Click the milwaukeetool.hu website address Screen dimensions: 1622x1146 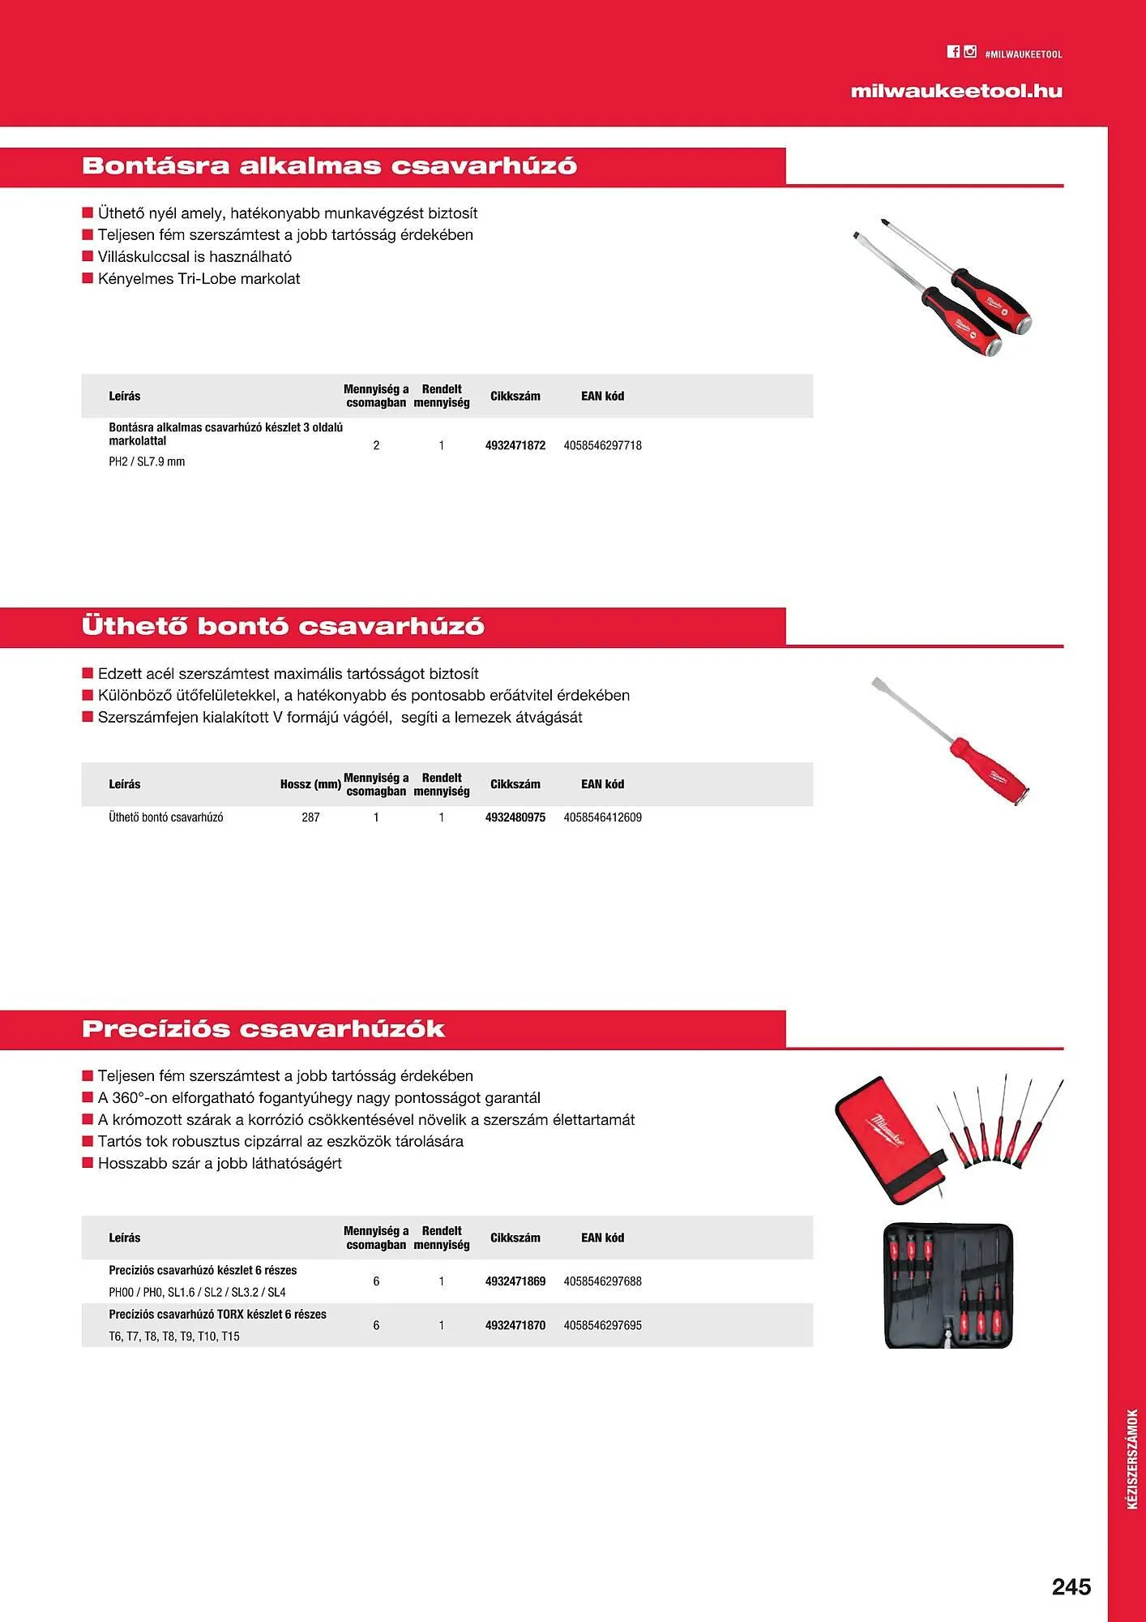pos(956,92)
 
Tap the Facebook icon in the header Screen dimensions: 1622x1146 pos(953,52)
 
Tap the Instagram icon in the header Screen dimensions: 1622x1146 pos(970,52)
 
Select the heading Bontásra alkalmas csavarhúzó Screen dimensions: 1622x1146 pos(329,166)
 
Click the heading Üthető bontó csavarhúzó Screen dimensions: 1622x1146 pos(283,626)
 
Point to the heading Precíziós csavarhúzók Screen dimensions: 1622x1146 pos(263,1029)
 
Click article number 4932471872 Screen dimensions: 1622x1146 pos(515,445)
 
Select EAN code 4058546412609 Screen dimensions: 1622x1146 pos(602,817)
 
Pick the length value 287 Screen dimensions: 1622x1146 pos(310,817)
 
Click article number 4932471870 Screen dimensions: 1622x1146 pos(515,1325)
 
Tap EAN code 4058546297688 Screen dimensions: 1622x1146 pos(602,1281)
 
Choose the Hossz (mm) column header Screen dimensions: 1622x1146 pos(310,784)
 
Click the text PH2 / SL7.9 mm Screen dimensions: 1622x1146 pos(147,461)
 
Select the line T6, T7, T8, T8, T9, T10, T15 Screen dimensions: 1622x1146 pos(174,1336)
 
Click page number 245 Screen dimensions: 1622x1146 pos(1071,1586)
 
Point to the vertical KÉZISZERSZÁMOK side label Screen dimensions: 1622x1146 pos(1132,1459)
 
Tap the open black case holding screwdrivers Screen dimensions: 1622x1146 pos(947,1285)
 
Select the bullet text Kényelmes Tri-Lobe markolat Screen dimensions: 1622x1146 pos(199,279)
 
